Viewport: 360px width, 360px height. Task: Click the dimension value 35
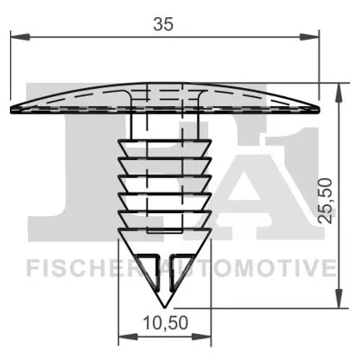pos(162,24)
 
